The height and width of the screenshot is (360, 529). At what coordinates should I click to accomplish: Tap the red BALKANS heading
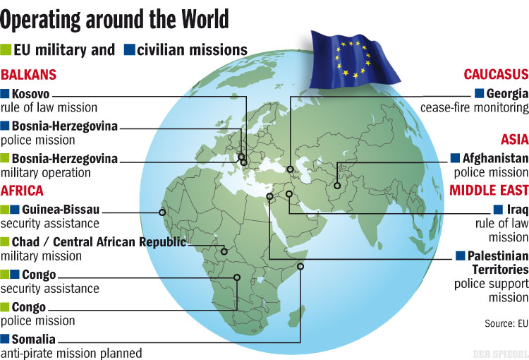pos(29,75)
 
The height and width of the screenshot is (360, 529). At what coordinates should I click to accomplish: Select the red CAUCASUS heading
pos(496,75)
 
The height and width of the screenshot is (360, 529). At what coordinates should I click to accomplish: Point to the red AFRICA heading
pos(23,191)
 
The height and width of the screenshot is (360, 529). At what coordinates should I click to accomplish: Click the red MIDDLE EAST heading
pos(489,191)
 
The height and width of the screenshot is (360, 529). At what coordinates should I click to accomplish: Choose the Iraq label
pos(518,210)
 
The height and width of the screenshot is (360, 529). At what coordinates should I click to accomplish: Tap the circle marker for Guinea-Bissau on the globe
pos(163,211)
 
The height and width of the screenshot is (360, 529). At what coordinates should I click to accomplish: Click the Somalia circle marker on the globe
pos(300,266)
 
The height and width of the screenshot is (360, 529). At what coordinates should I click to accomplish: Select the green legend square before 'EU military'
pos(6,50)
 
